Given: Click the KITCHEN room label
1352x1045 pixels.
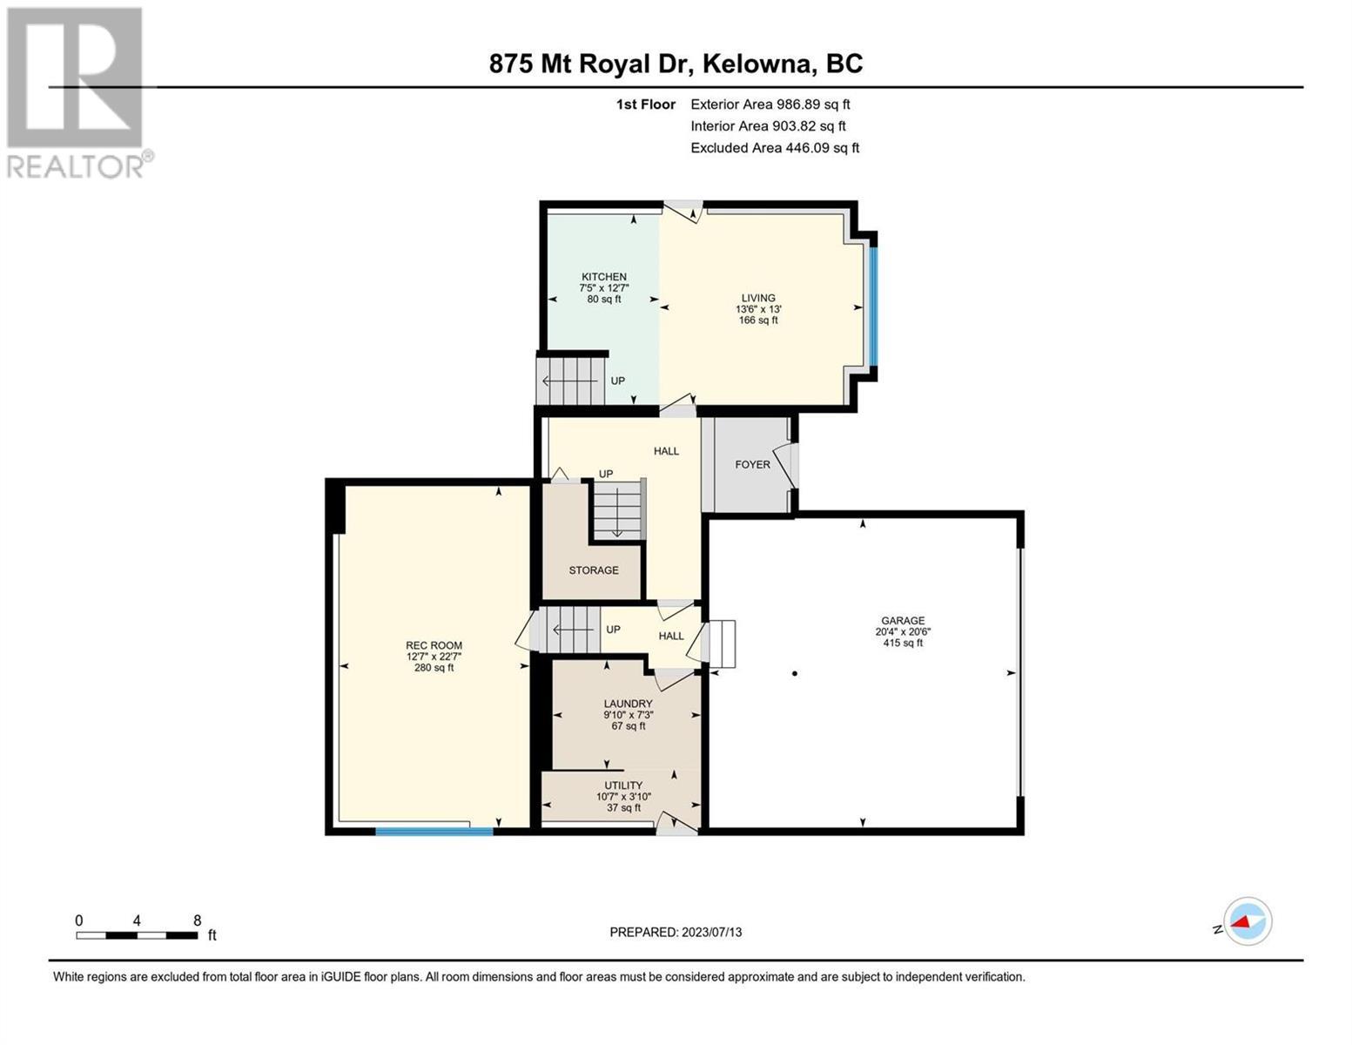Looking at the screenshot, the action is point(603,276).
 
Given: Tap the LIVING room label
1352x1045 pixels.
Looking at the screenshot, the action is point(757,298).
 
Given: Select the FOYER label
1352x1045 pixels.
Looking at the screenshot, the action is point(752,464).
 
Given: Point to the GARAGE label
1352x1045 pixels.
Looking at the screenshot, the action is point(903,621).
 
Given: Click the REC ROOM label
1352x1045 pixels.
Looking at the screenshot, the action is point(434,645).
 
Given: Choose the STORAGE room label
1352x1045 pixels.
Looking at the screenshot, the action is point(594,570).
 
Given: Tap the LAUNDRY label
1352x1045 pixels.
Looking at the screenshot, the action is point(628,704).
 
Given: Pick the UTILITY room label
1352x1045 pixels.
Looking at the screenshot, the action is point(623,785).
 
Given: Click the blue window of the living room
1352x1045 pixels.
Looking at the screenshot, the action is point(873,306).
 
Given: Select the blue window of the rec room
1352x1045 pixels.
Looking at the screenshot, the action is point(434,831).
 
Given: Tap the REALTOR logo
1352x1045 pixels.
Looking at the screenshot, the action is point(77,93).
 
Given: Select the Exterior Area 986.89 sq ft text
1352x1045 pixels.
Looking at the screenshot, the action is point(770,104).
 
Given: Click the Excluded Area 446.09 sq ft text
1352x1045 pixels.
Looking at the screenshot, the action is point(775,148).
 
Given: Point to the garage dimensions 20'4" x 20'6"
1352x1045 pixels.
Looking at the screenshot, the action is point(903,631).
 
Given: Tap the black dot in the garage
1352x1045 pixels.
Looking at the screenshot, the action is point(795,673).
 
